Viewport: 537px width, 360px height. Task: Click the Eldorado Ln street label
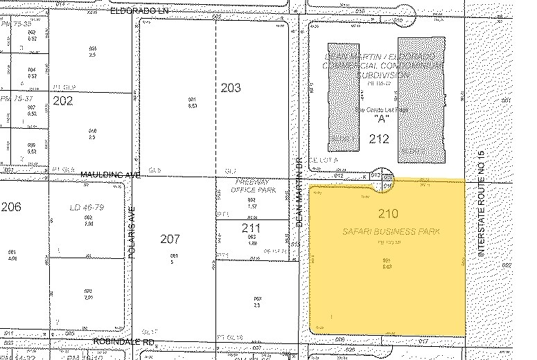click(130, 12)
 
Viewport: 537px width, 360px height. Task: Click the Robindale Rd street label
click(123, 342)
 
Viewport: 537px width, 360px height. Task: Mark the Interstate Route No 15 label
click(478, 204)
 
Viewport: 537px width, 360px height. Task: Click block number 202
click(63, 101)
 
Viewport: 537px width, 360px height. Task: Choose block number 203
click(231, 88)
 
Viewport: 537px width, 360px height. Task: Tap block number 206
click(12, 207)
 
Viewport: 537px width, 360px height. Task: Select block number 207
click(170, 240)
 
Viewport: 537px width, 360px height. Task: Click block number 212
click(379, 139)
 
